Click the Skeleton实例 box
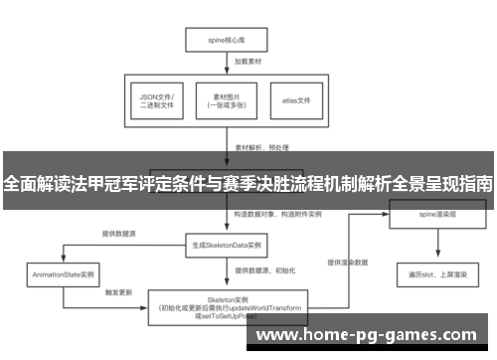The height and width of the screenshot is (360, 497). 226,306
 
